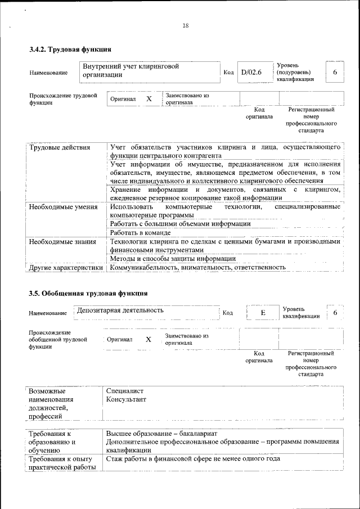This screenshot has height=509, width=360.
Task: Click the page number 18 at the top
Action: [x=185, y=25]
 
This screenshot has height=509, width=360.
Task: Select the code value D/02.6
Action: [x=251, y=72]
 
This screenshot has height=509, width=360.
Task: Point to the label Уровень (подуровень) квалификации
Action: [x=295, y=73]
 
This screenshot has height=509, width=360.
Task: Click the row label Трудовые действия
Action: [x=60, y=147]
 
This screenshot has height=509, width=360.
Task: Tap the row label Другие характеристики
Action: [x=66, y=268]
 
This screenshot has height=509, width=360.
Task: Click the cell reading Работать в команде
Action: [x=140, y=233]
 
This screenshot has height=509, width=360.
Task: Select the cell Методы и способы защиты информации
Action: [x=173, y=259]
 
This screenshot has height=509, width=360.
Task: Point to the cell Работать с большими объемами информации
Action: [x=180, y=224]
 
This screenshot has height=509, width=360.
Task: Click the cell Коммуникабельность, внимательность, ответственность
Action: [x=197, y=268]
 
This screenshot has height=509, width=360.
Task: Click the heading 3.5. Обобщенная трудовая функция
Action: [x=88, y=293]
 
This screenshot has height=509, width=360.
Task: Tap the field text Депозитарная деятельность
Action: [x=120, y=310]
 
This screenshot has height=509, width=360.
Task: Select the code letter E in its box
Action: [x=263, y=313]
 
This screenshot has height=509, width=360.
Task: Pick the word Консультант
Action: [x=126, y=399]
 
